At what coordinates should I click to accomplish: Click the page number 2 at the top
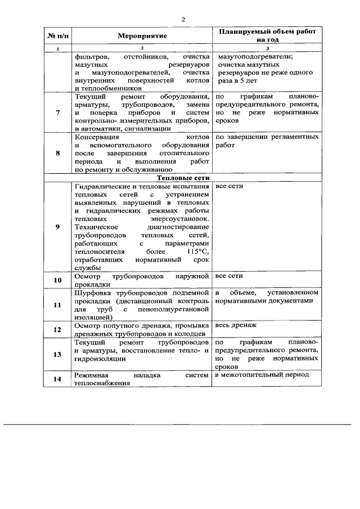tap(183, 20)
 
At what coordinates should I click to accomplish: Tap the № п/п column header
tap(58, 35)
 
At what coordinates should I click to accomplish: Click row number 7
tap(58, 112)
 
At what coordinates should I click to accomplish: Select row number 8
tap(58, 152)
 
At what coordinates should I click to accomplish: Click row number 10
tap(58, 280)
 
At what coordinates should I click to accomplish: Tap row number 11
tap(58, 305)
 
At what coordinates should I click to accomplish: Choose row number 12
tap(58, 330)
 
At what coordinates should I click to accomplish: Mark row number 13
tap(58, 354)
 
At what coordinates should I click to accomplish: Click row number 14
tap(58, 379)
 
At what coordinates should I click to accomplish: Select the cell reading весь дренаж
tap(236, 326)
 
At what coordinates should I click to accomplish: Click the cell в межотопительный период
tap(263, 375)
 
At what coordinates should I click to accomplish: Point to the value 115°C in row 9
tap(199, 252)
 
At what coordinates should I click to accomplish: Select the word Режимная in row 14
tap(91, 375)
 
